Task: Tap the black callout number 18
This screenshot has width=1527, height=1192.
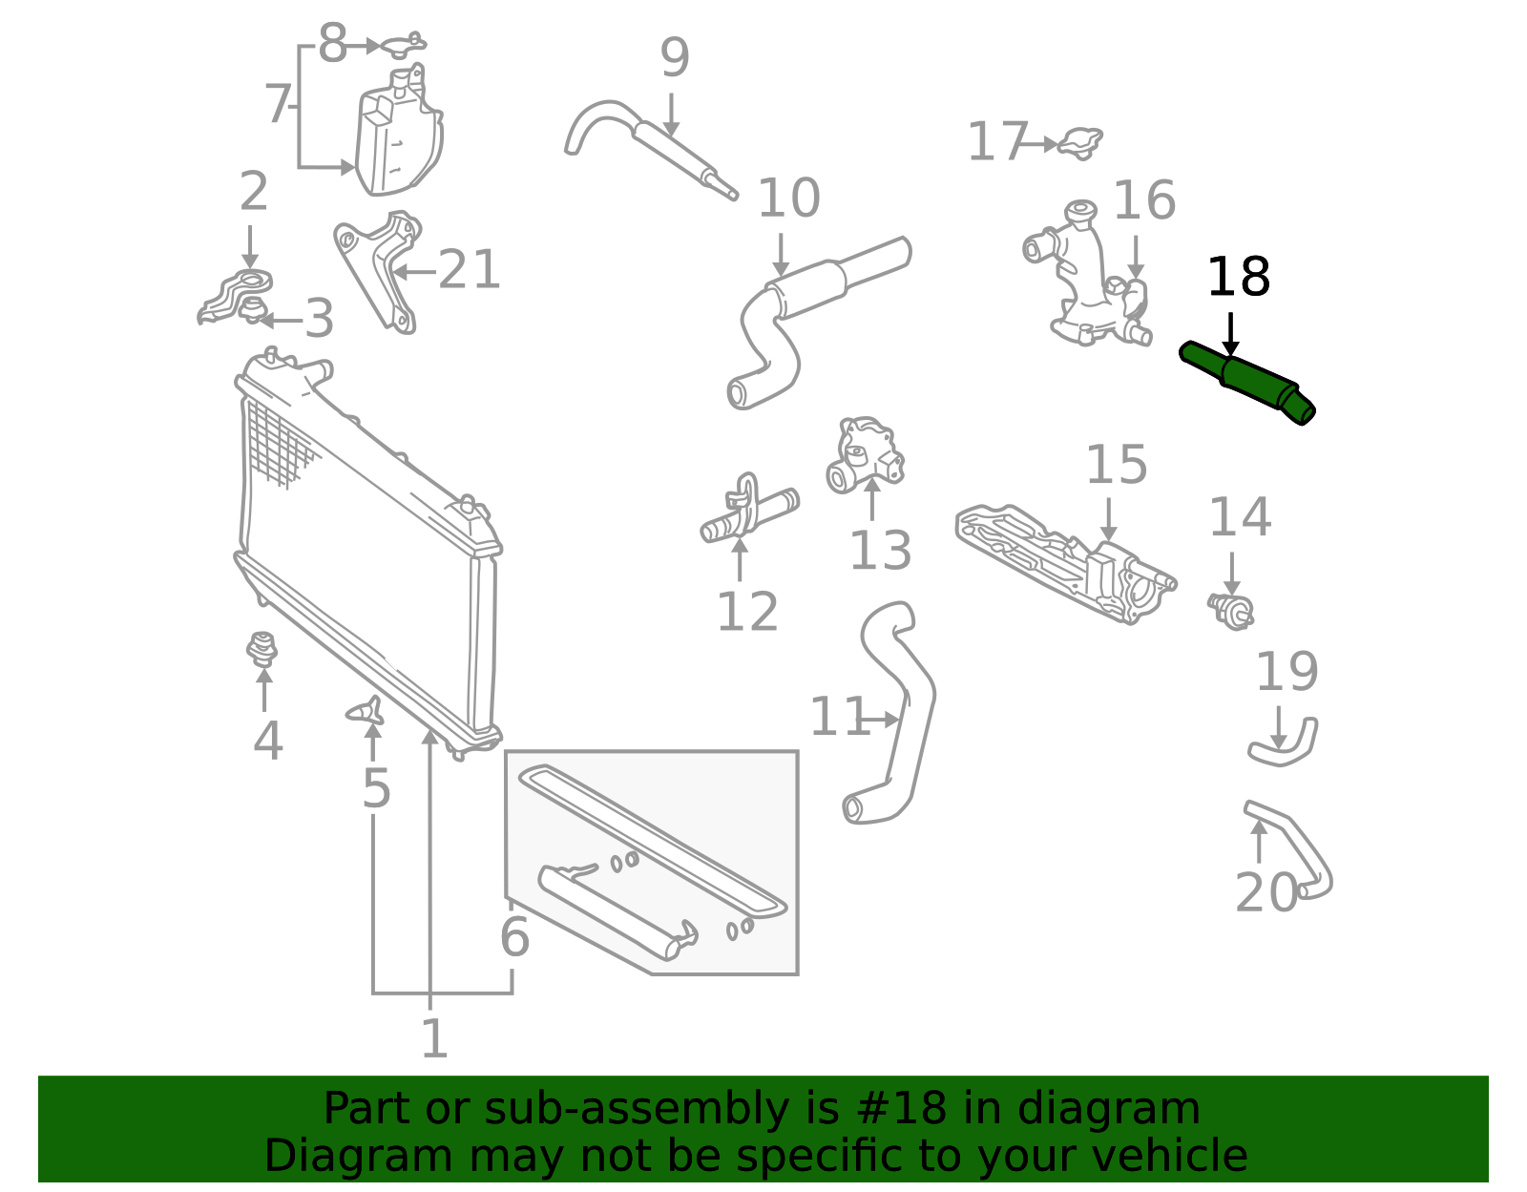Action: pyautogui.click(x=1238, y=278)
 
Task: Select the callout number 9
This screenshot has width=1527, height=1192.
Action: pyautogui.click(x=674, y=59)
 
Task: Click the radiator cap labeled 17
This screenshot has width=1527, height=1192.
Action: pyautogui.click(x=1080, y=142)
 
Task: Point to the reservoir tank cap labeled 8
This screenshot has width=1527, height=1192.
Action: pyautogui.click(x=403, y=44)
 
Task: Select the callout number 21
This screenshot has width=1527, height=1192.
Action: pyautogui.click(x=469, y=270)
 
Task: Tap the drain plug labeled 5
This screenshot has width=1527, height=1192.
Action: pyautogui.click(x=366, y=710)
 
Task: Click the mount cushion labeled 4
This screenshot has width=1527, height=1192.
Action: pyautogui.click(x=261, y=649)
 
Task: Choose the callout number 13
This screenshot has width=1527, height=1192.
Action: pyautogui.click(x=879, y=552)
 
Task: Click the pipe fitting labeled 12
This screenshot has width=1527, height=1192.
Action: pyautogui.click(x=749, y=512)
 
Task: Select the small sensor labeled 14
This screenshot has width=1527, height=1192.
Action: pyautogui.click(x=1231, y=609)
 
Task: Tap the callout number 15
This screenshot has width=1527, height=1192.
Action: pyautogui.click(x=1116, y=466)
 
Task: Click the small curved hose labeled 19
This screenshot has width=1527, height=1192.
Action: pyautogui.click(x=1286, y=746)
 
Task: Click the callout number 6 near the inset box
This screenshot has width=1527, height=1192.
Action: pyautogui.click(x=514, y=937)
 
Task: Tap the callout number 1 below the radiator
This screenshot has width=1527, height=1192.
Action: pyautogui.click(x=433, y=1039)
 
